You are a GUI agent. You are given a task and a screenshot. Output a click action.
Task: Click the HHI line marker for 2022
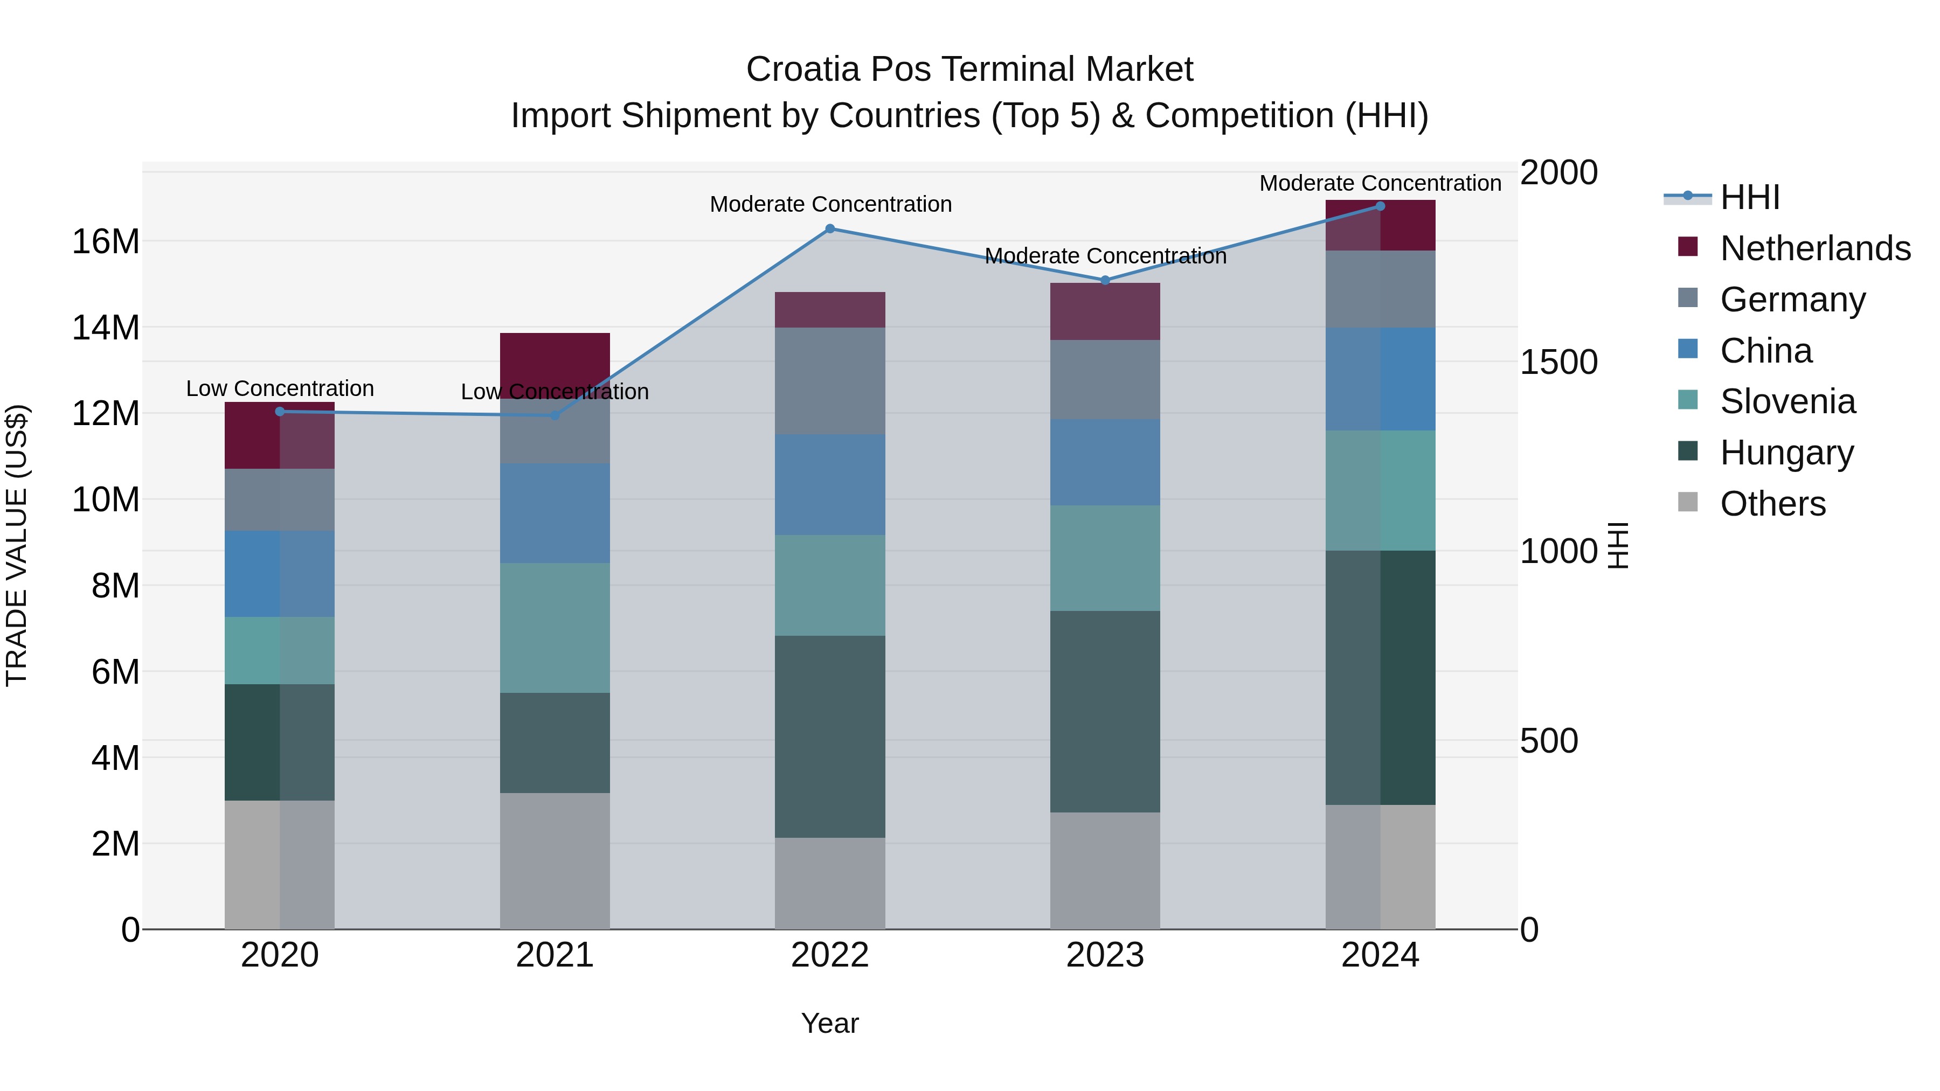[830, 229]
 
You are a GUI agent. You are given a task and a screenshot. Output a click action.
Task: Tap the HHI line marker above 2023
[1105, 280]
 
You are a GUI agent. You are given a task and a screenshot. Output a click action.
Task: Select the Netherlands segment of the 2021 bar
[555, 358]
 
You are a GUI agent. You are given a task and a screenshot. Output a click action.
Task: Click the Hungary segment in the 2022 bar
[830, 736]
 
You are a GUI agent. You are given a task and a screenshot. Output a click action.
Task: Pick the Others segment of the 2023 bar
[1105, 871]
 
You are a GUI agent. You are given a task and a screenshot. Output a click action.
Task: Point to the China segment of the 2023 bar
[1105, 462]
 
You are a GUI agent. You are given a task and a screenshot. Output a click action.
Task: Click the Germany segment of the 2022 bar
[830, 381]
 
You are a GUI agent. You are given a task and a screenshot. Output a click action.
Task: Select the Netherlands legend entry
[1815, 248]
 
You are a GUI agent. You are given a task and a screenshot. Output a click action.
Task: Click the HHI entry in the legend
[1749, 197]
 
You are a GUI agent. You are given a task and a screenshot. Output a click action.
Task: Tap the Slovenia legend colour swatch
[1688, 400]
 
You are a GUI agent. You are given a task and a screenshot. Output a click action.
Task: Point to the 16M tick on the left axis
[106, 242]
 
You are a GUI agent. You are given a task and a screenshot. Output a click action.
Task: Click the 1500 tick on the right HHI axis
[1558, 362]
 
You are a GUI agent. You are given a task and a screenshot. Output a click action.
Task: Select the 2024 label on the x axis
[1380, 955]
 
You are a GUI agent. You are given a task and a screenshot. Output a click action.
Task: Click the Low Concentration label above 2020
[280, 388]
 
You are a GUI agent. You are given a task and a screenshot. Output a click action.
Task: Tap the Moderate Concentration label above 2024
[1380, 183]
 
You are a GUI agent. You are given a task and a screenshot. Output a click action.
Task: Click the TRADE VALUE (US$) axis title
[17, 545]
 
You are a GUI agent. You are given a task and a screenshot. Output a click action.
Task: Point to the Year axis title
[830, 1023]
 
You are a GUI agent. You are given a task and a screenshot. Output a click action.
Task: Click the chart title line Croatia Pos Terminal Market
[969, 70]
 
